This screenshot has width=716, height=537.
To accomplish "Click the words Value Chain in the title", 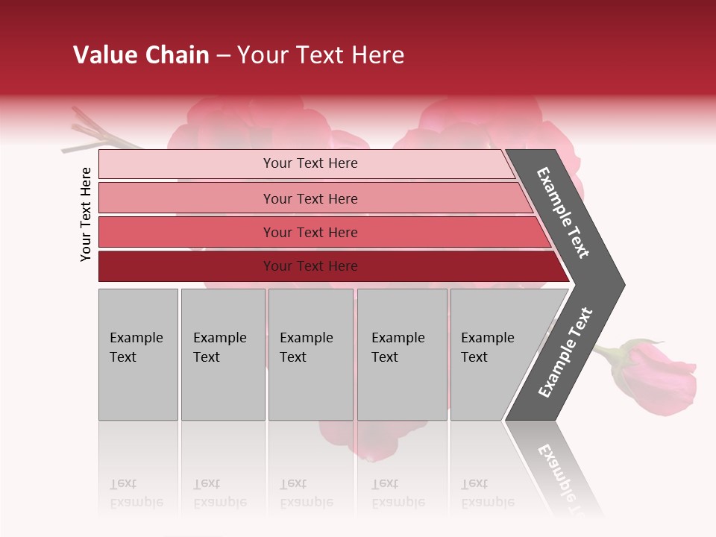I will tap(141, 55).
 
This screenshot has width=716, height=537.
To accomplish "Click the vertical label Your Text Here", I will tap(86, 214).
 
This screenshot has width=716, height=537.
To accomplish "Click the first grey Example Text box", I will tap(138, 354).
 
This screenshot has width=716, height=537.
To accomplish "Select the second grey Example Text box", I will tap(222, 354).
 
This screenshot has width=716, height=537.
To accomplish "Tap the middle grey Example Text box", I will tap(310, 354).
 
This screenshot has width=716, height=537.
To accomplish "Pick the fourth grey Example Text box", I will tap(401, 354).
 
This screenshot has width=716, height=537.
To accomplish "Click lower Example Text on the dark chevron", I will tap(565, 353).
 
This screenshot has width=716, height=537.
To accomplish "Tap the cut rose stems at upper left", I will tap(93, 134).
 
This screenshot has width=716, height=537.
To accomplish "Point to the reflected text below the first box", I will tap(136, 493).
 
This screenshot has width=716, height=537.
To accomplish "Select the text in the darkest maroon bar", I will tap(310, 266).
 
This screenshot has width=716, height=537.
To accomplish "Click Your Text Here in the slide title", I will tap(321, 55).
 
